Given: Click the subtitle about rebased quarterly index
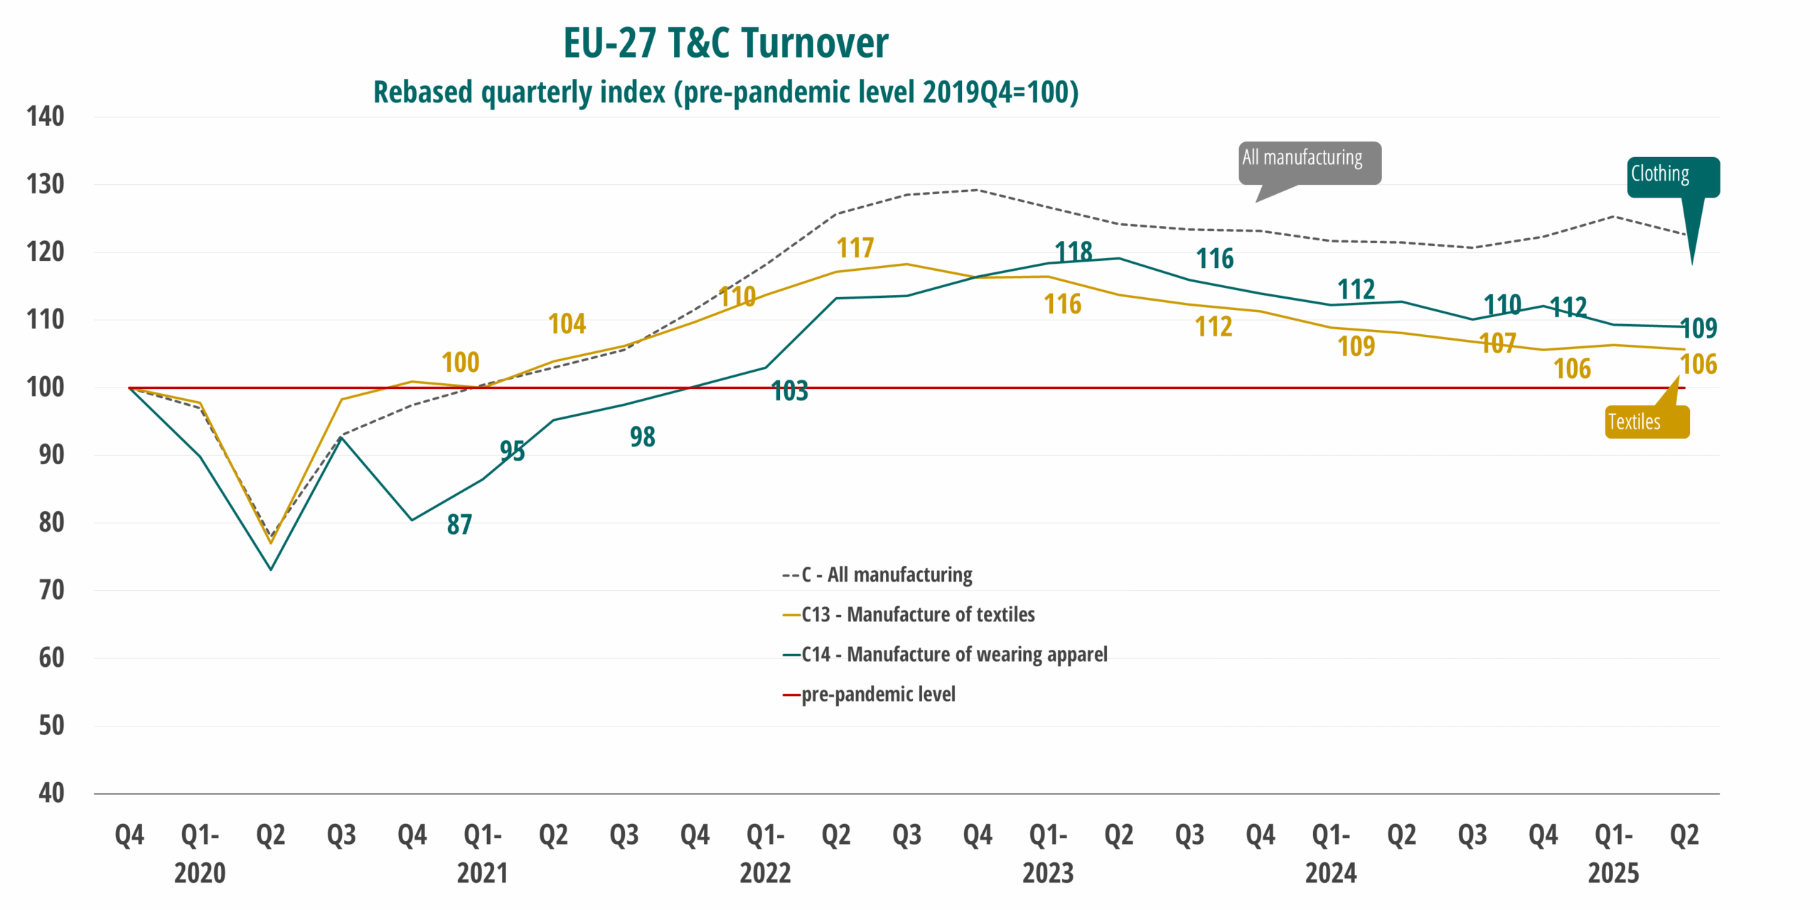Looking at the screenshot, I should pos(725,92).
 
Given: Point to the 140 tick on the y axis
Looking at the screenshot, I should pos(45,117).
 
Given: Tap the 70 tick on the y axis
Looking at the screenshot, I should pos(51,590).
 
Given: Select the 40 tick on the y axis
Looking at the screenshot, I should pos(51,793).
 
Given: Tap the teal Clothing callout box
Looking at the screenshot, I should pos(1672,176).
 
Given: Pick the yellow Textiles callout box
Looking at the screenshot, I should pos(1645,422).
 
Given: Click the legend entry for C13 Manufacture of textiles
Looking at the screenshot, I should pos(917,614).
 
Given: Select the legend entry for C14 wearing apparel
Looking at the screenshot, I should pos(953,654).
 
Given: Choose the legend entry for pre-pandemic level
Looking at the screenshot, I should pos(878,694).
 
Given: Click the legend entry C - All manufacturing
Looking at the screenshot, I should pos(886,574).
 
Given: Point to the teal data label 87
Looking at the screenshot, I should pos(459,525).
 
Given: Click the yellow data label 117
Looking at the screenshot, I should pos(855,248).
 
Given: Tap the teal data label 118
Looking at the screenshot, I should pos(1073,252).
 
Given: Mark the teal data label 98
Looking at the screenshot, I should pos(642,437).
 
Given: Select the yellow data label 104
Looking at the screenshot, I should pos(567,324).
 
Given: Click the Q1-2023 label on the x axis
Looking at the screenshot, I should pos(1048,853).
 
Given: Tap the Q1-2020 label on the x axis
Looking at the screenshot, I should pos(200,853).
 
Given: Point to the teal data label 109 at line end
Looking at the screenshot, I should pos(1698,328).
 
